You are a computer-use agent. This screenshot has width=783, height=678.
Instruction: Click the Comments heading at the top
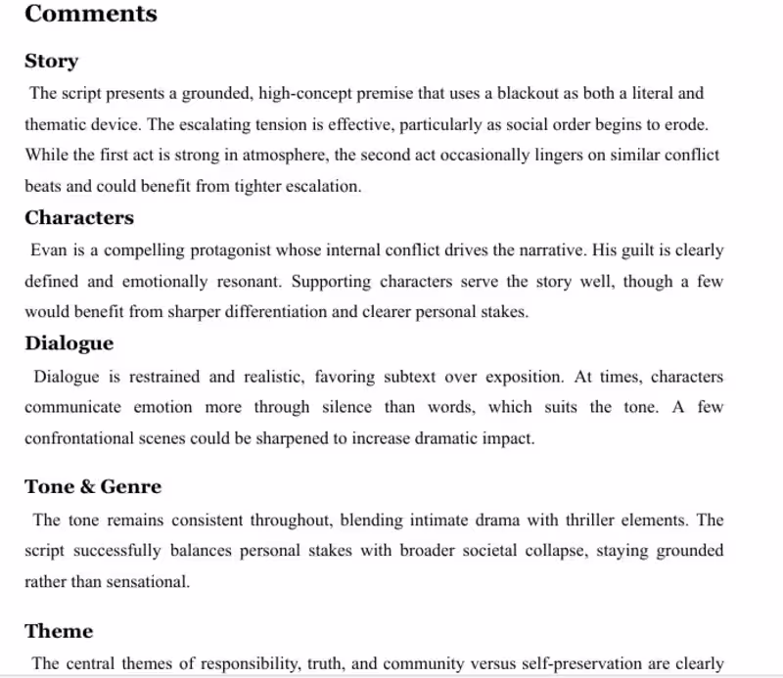pyautogui.click(x=90, y=14)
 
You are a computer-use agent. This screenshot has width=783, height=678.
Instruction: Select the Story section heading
pyautogui.click(x=51, y=61)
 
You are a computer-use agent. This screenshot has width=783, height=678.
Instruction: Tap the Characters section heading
pyautogui.click(x=79, y=217)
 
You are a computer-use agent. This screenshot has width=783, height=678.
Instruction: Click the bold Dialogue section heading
pyautogui.click(x=69, y=342)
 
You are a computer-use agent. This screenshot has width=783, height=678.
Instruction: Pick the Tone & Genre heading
pyautogui.click(x=93, y=486)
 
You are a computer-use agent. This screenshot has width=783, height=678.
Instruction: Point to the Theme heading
pyautogui.click(x=59, y=630)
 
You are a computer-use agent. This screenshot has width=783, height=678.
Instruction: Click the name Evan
pyautogui.click(x=46, y=250)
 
